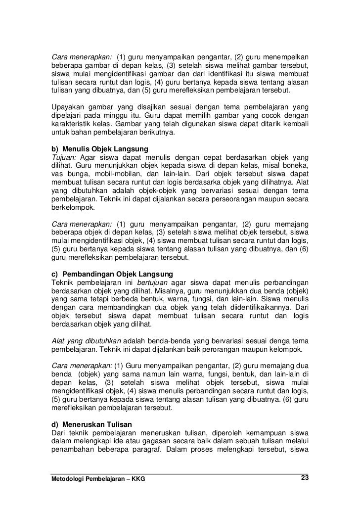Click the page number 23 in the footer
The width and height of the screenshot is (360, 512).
click(x=305, y=477)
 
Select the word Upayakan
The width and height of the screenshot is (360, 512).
click(x=69, y=107)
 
